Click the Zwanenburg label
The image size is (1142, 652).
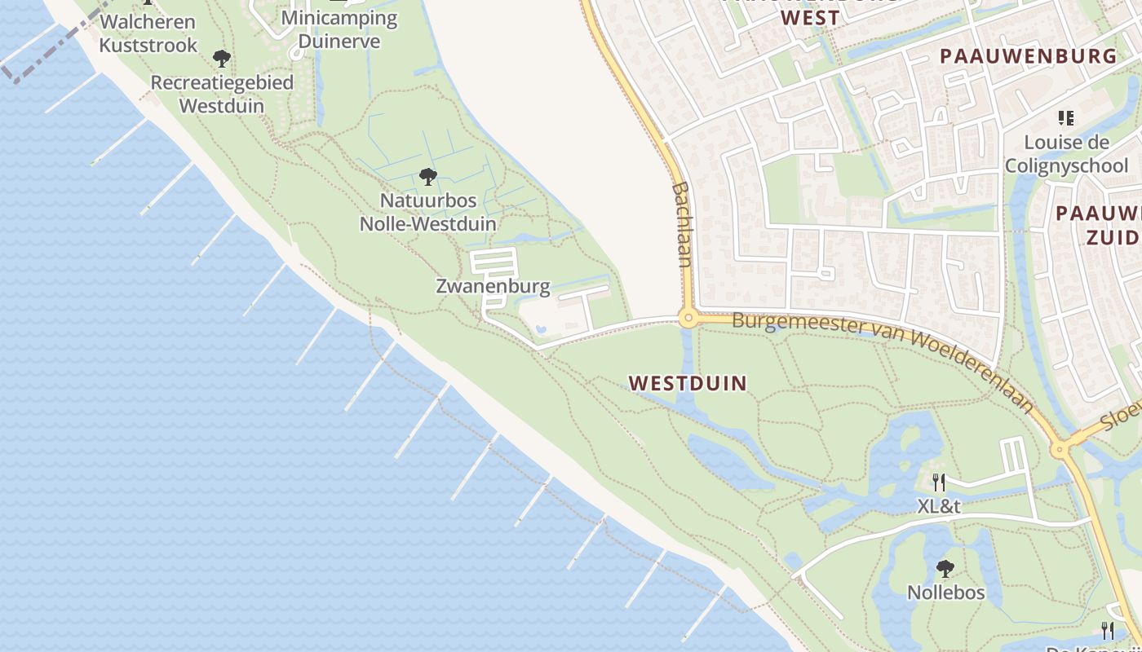tap(493, 286)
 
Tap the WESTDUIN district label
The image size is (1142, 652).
tap(688, 383)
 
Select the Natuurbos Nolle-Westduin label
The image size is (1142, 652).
tap(428, 211)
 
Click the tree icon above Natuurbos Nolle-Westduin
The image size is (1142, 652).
tap(427, 177)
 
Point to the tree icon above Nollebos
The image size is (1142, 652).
tap(945, 568)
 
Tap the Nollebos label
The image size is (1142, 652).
tap(946, 593)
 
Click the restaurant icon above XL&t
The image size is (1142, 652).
tap(939, 482)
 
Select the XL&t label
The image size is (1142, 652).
tap(939, 506)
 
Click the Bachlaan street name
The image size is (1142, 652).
tap(682, 224)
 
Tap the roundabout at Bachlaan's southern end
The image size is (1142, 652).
tap(688, 319)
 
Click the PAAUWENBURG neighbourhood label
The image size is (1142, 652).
tap(1028, 56)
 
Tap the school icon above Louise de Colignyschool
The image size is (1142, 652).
tap(1065, 119)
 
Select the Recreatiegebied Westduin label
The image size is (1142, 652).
tap(222, 94)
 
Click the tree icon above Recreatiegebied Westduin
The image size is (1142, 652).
tap(221, 59)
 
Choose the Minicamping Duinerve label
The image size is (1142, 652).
tap(339, 29)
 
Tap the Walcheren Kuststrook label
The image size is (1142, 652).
tap(148, 33)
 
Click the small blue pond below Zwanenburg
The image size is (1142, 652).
tap(540, 330)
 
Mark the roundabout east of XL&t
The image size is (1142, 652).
tap(1060, 448)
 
